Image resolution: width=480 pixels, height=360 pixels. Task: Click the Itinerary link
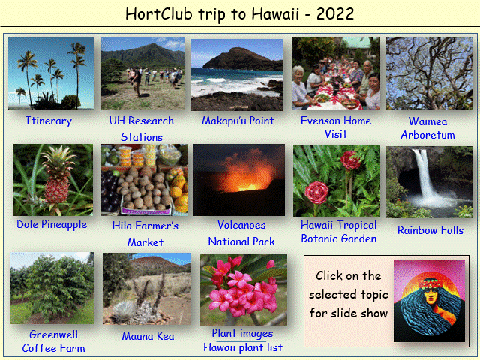point(48,121)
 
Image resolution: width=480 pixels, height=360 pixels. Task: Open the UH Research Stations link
point(142,129)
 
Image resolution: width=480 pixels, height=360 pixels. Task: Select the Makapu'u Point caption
point(238,121)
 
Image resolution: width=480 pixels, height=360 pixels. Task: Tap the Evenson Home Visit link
point(336,127)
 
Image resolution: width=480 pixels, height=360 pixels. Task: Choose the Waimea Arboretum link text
point(427,128)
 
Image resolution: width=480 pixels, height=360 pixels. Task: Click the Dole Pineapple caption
point(52,224)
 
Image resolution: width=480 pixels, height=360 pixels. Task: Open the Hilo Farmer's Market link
point(145,234)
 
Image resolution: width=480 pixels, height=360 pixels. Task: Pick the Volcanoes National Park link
point(241,233)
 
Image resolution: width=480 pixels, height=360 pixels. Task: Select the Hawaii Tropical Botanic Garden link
point(338,232)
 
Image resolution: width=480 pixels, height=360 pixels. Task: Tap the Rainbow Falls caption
point(430,230)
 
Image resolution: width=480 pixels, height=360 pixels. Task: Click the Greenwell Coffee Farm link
point(53,341)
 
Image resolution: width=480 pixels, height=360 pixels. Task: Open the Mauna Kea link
point(148,336)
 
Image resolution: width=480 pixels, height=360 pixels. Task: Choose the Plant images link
point(242,333)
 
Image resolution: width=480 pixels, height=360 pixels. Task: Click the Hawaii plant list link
point(243,347)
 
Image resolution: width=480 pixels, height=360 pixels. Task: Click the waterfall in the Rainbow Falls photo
point(425,175)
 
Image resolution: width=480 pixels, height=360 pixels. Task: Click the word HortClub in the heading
point(159,13)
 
